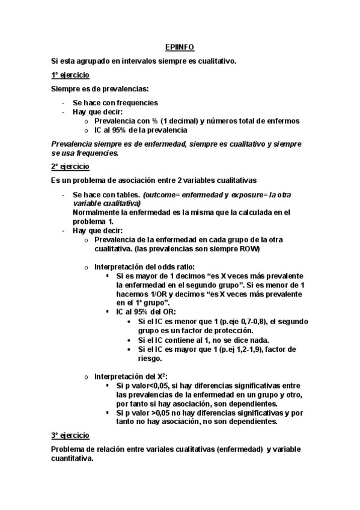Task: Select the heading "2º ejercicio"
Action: click(70, 166)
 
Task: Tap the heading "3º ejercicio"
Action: click(70, 435)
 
